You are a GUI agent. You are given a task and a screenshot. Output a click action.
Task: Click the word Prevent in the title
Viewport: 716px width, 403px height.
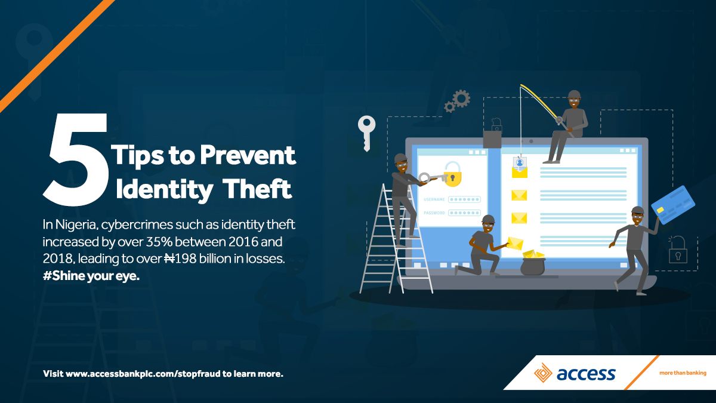pyautogui.click(x=248, y=155)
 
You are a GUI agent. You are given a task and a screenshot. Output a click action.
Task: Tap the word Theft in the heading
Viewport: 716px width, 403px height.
pyautogui.click(x=257, y=189)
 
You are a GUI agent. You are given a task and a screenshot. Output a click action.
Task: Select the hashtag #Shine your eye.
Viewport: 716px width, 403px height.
pyautogui.click(x=91, y=276)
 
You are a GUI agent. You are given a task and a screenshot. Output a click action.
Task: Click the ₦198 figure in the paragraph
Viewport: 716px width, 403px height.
pyautogui.click(x=180, y=259)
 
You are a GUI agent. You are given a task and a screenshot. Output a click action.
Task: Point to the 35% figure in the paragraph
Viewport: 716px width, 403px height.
pyautogui.click(x=159, y=241)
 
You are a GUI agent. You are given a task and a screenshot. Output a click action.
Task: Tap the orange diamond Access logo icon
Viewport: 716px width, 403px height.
pyautogui.click(x=543, y=373)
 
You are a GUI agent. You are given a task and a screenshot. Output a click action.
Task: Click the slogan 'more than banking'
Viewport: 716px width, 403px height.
pyautogui.click(x=683, y=373)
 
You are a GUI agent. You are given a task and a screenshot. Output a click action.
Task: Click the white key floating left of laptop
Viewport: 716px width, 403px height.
pyautogui.click(x=366, y=133)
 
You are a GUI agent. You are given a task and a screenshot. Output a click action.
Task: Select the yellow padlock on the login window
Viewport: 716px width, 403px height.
pyautogui.click(x=453, y=174)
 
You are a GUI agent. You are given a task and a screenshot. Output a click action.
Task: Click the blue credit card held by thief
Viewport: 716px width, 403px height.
pyautogui.click(x=673, y=205)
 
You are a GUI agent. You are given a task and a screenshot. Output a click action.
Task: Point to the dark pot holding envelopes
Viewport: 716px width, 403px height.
pyautogui.click(x=533, y=266)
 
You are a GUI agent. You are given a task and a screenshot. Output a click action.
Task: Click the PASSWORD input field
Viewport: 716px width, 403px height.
pyautogui.click(x=464, y=213)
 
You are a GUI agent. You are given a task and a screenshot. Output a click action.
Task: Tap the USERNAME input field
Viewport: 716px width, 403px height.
pyautogui.click(x=464, y=199)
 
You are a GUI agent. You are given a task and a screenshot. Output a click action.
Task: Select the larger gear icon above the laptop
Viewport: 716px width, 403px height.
pyautogui.click(x=462, y=99)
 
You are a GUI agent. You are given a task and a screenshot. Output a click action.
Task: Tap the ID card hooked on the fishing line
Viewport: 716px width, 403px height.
pyautogui.click(x=520, y=163)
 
